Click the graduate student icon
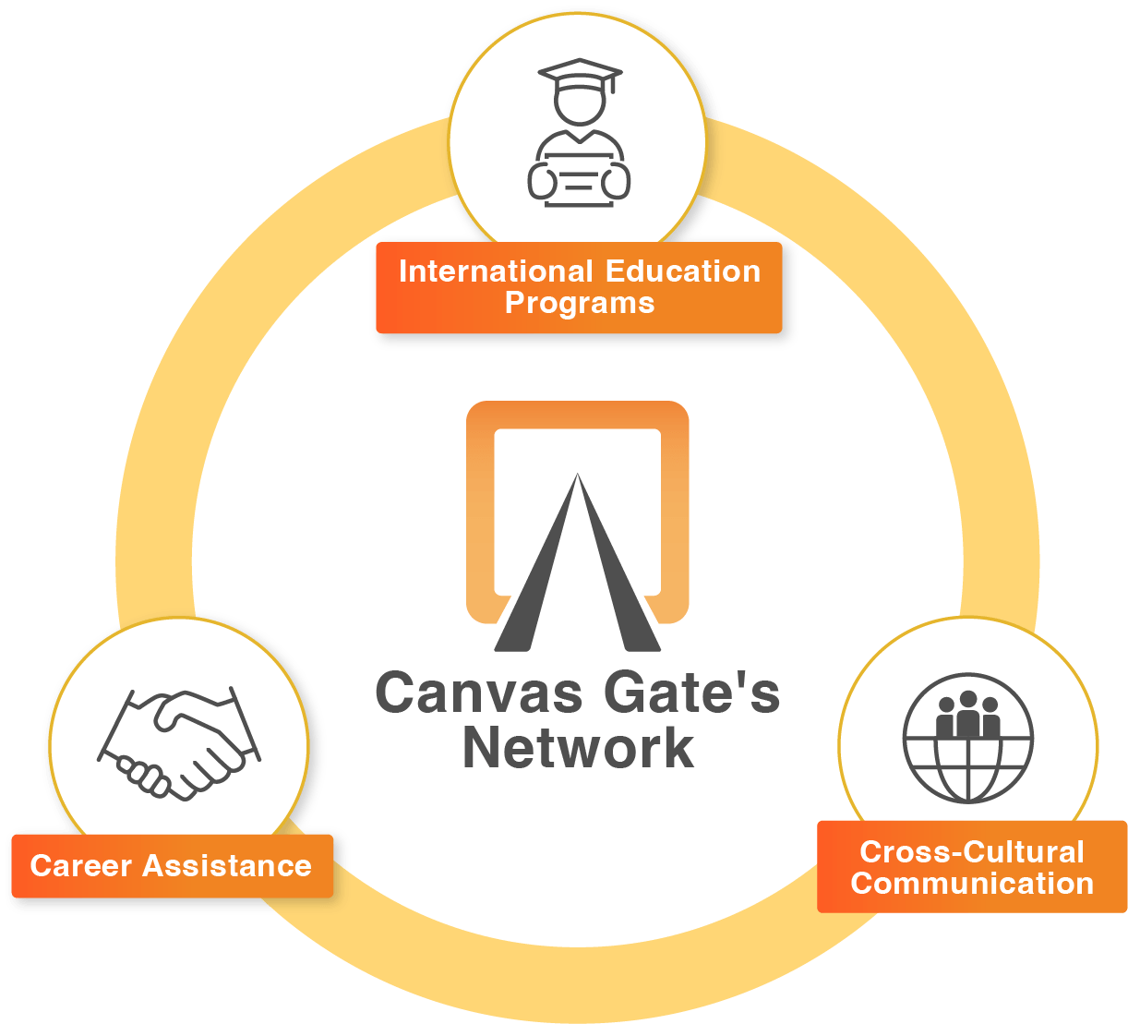[x=579, y=134]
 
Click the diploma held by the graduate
[x=579, y=183]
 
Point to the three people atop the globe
[x=967, y=715]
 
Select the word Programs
[x=580, y=303]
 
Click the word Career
[x=81, y=866]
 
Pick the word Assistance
[x=227, y=866]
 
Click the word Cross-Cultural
[x=972, y=851]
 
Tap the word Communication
[x=972, y=884]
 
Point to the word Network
[x=578, y=748]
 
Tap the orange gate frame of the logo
[x=577, y=415]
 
